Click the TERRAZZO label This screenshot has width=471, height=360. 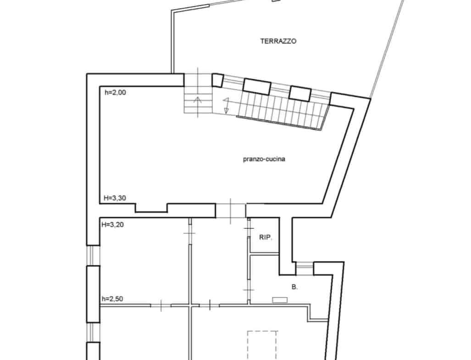[x=278, y=41]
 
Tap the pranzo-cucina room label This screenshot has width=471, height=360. [x=264, y=159]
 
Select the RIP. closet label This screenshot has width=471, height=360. [x=266, y=238]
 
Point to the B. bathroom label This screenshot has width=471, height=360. [x=295, y=287]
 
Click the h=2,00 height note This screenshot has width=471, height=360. [x=116, y=93]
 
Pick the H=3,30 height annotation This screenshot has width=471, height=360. [x=115, y=198]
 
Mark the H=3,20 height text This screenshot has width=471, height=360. [x=113, y=224]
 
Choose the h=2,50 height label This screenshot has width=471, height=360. [x=112, y=299]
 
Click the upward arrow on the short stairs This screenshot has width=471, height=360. [x=198, y=100]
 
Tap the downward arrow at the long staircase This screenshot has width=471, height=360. [x=226, y=105]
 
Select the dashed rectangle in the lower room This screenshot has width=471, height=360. [x=262, y=345]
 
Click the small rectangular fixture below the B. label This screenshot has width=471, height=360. [x=280, y=300]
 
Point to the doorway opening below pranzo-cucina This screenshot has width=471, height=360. [x=231, y=210]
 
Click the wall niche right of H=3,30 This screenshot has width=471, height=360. [x=151, y=208]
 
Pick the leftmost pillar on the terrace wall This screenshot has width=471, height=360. [x=218, y=80]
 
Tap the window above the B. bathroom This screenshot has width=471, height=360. [x=304, y=268]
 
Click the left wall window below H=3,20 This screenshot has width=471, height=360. [x=93, y=255]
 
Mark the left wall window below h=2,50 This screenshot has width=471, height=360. [x=93, y=332]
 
